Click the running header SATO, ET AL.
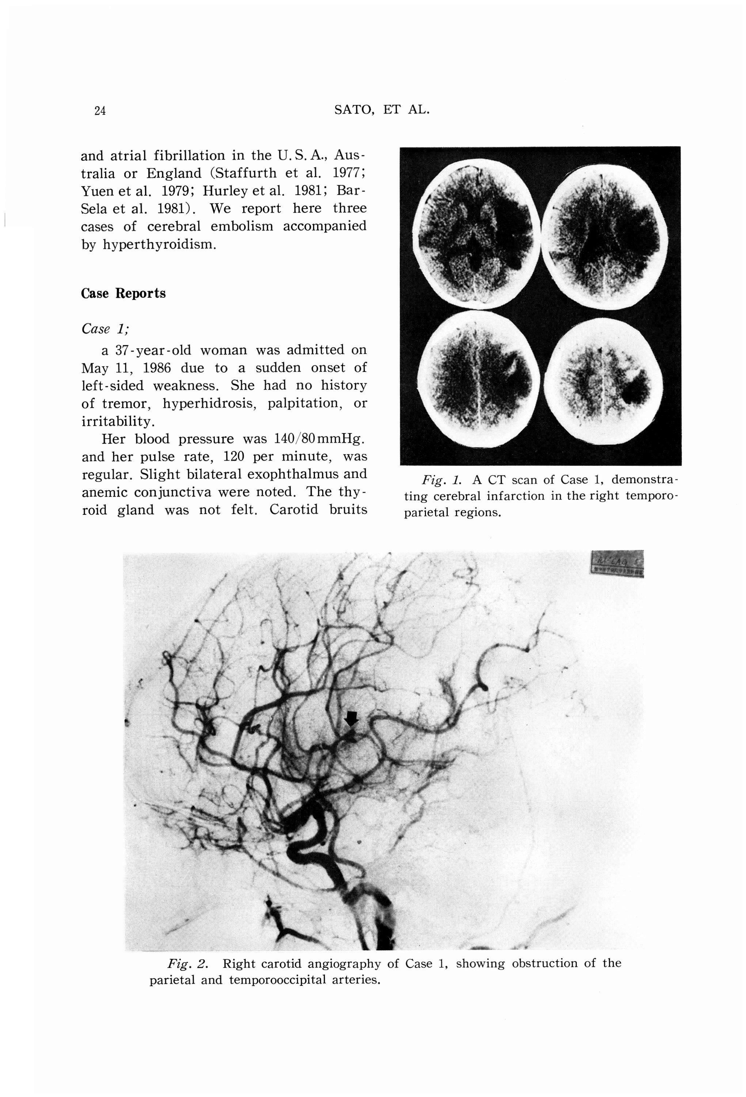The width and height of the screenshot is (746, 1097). pyautogui.click(x=382, y=110)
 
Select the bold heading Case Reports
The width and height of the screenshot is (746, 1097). pyautogui.click(x=123, y=293)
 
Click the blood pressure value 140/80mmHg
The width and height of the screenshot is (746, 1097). pyautogui.click(x=319, y=439)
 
